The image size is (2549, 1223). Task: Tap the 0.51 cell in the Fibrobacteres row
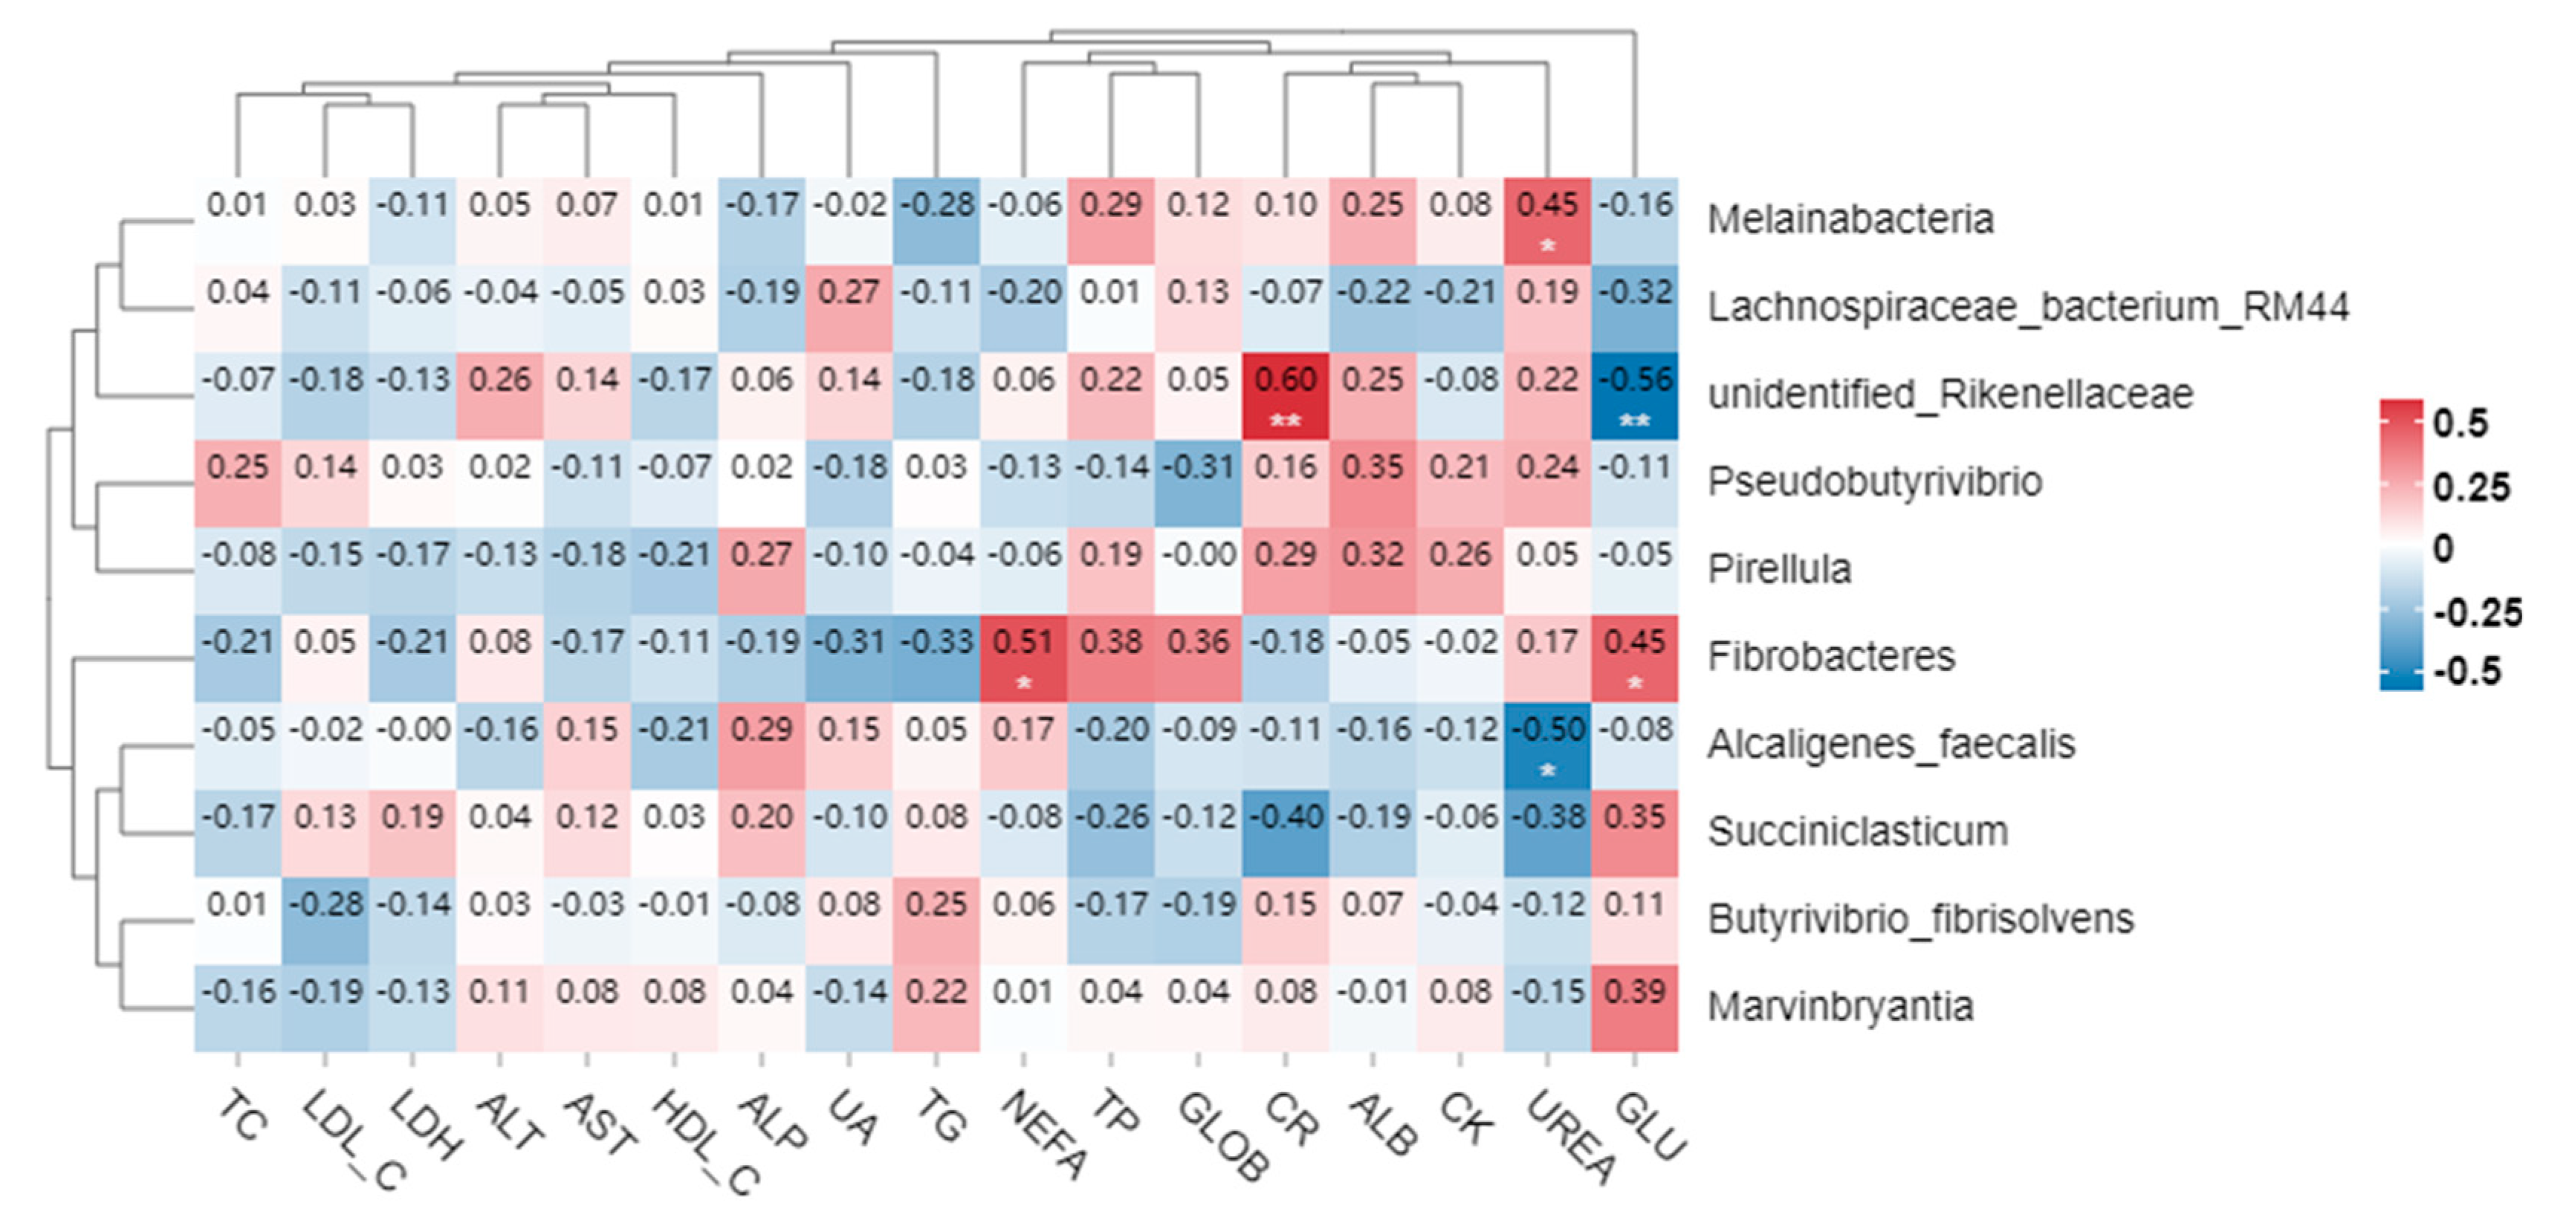point(1023,657)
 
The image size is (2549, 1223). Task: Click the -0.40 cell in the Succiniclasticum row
point(1286,832)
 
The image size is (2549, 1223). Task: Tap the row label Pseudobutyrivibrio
point(1874,482)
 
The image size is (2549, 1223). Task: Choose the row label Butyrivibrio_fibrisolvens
point(1920,919)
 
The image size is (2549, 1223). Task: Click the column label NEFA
point(1044,1134)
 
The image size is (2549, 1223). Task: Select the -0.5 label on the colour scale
point(2468,672)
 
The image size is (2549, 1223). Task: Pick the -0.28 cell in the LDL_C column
point(325,919)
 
